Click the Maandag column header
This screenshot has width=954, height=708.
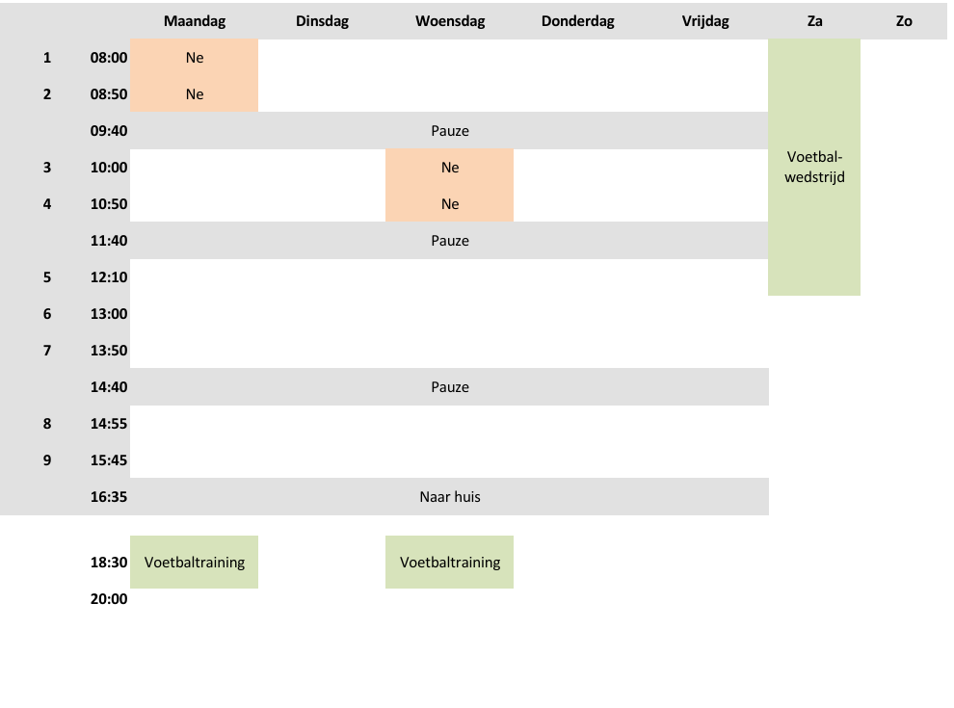click(194, 21)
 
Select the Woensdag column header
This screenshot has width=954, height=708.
click(450, 21)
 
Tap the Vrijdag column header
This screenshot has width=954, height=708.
click(705, 21)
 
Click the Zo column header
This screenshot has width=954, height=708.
click(904, 21)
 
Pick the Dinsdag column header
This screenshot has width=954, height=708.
click(322, 21)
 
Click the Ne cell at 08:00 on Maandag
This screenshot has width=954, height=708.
click(194, 58)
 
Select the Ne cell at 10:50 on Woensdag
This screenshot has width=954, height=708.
click(450, 204)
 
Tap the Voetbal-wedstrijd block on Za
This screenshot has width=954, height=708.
click(814, 168)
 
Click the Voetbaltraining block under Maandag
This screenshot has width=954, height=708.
click(194, 562)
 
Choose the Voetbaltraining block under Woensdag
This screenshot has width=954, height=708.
click(450, 562)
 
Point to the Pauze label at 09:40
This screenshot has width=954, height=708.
click(450, 131)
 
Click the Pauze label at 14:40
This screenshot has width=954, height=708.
click(450, 387)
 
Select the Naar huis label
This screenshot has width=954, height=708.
click(450, 497)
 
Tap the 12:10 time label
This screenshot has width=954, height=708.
click(109, 277)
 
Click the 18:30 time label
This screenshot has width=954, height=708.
click(109, 562)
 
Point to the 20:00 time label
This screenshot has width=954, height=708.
click(109, 599)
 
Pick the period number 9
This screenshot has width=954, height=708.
click(47, 460)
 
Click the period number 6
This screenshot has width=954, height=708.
click(47, 314)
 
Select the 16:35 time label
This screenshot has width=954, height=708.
click(109, 497)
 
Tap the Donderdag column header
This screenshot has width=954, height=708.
click(577, 21)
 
